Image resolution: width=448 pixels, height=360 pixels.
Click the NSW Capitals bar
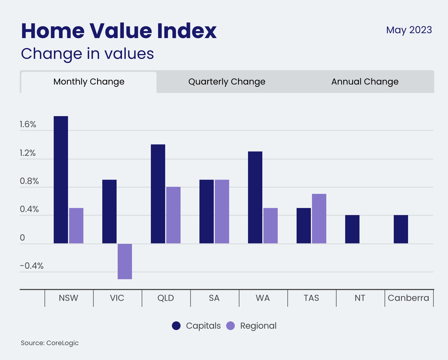pyautogui.click(x=61, y=180)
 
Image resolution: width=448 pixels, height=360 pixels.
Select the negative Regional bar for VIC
pyautogui.click(x=125, y=261)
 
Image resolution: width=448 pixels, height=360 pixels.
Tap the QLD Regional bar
pyautogui.click(x=173, y=215)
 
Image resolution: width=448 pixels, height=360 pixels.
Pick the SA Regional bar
pyautogui.click(x=222, y=211)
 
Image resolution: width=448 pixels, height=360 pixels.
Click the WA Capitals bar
pyautogui.click(x=255, y=197)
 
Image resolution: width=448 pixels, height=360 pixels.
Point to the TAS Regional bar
pyautogui.click(x=319, y=218)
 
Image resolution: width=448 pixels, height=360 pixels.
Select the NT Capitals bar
pyautogui.click(x=352, y=229)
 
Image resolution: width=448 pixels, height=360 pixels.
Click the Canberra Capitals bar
pyautogui.click(x=401, y=229)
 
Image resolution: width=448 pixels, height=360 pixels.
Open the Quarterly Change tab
pyautogui.click(x=227, y=82)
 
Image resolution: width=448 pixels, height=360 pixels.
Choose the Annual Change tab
pyautogui.click(x=365, y=82)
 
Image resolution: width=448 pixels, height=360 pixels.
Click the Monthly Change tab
pyautogui.click(x=89, y=82)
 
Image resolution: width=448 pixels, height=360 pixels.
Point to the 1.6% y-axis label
pyautogui.click(x=28, y=124)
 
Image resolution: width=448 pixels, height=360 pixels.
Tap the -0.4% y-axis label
pyautogui.click(x=32, y=266)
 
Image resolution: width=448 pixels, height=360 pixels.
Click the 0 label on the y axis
pyautogui.click(x=22, y=238)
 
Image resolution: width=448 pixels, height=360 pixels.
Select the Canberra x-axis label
pyautogui.click(x=408, y=298)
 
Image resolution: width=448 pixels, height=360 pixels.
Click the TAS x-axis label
pyautogui.click(x=311, y=298)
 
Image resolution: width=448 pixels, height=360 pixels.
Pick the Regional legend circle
pyautogui.click(x=230, y=326)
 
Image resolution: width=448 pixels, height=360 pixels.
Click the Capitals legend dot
pyautogui.click(x=176, y=326)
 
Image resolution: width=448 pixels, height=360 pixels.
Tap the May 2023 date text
pyautogui.click(x=409, y=30)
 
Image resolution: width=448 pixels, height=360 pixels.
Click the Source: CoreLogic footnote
pyautogui.click(x=50, y=343)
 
